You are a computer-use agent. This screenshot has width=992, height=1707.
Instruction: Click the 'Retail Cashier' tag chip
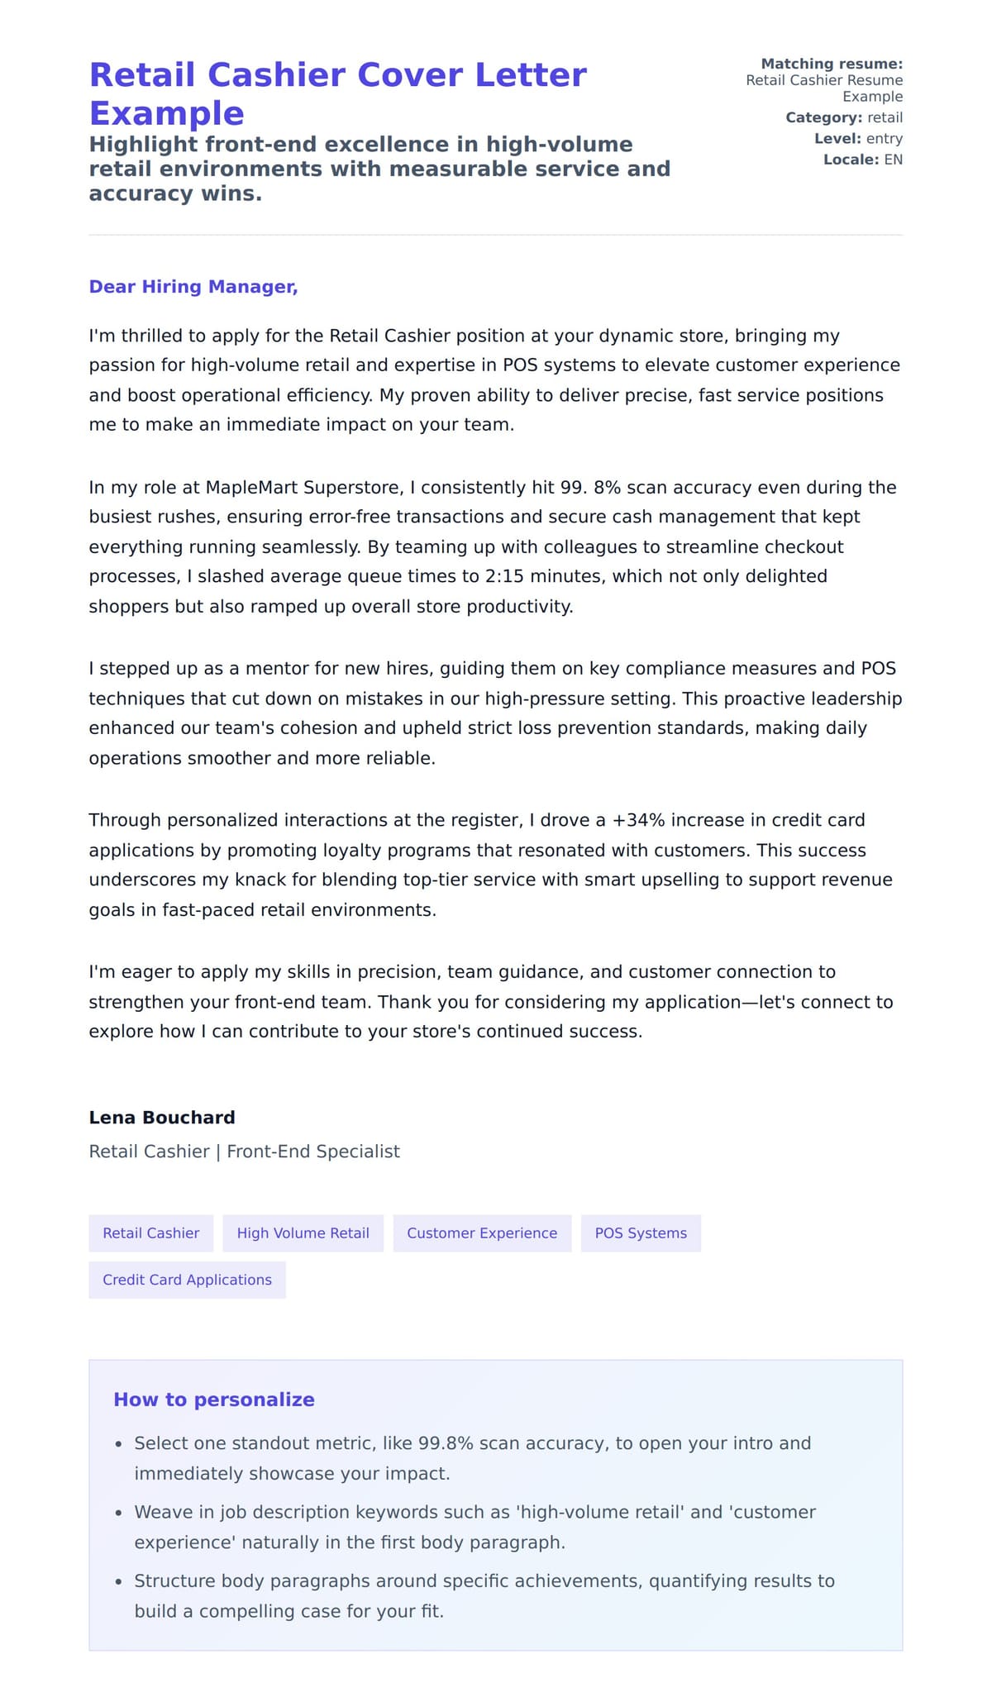coord(150,1233)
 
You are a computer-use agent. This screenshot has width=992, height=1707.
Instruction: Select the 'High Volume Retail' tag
coord(303,1233)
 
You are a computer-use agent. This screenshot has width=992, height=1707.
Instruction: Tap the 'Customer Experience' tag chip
coord(482,1233)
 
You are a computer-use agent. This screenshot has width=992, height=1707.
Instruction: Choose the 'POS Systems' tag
coord(641,1233)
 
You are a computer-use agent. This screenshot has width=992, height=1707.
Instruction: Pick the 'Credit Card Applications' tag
coord(187,1280)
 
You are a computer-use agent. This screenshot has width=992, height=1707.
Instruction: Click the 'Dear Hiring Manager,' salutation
coord(193,287)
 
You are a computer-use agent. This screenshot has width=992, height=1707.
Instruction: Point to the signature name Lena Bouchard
coord(162,1118)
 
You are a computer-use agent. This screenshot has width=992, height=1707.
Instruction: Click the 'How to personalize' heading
coord(214,1399)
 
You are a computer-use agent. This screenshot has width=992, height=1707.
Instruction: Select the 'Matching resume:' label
coord(832,64)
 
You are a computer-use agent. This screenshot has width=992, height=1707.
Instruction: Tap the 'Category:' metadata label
coord(823,117)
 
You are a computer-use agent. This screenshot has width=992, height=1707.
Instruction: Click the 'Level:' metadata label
coord(837,139)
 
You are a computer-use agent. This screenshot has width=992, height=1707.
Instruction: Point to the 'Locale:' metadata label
coord(851,160)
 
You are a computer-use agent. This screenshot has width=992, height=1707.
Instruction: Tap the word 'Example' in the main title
coord(167,113)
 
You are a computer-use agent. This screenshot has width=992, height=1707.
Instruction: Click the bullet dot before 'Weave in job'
coord(118,1514)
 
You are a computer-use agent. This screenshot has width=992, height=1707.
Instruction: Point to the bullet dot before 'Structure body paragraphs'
coord(118,1582)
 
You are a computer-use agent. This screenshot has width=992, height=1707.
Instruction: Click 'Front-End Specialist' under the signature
coord(313,1152)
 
